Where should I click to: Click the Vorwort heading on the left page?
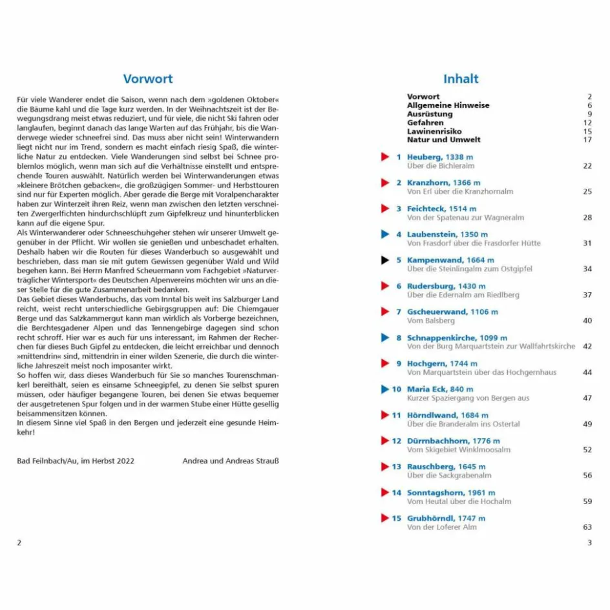point(148,79)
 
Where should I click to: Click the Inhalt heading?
point(461,79)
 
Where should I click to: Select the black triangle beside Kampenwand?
point(385,260)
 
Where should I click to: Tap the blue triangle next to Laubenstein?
point(385,235)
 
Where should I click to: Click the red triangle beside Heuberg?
point(385,157)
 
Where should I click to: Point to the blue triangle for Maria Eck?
point(385,389)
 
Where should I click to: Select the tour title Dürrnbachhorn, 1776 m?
point(453,441)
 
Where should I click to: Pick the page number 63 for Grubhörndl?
point(587,527)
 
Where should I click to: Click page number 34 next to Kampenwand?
point(587,269)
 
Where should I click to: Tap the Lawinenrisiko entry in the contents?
point(434,131)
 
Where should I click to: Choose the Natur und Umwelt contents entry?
point(444,140)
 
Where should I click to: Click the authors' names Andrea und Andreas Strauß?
point(231,461)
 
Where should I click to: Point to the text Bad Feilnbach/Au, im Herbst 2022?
point(76,461)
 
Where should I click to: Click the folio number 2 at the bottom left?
point(19,543)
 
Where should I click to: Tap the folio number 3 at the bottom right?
point(589,543)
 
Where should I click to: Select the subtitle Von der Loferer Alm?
point(442,527)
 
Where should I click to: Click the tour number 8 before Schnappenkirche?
point(399,338)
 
